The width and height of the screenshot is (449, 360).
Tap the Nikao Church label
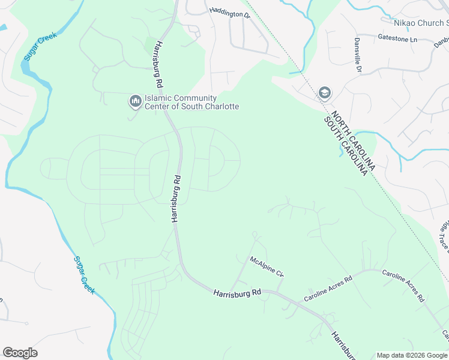click(x=420, y=23)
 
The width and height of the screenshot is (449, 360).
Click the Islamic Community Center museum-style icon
click(x=134, y=101)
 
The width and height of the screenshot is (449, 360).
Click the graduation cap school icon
click(x=325, y=92)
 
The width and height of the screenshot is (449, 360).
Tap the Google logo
click(x=20, y=353)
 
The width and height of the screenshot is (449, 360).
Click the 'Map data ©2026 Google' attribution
click(x=412, y=355)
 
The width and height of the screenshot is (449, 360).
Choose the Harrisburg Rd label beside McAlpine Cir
click(x=237, y=292)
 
